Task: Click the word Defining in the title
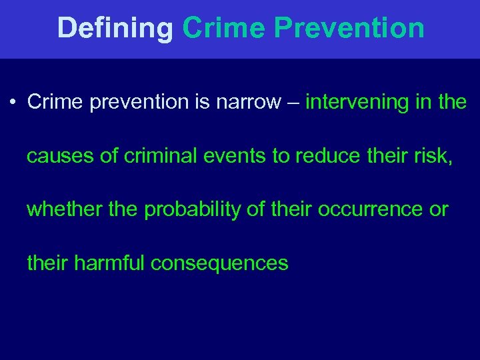coord(115,28)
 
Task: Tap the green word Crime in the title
coord(225,28)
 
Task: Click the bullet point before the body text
coord(13,103)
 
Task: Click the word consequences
coord(219,263)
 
